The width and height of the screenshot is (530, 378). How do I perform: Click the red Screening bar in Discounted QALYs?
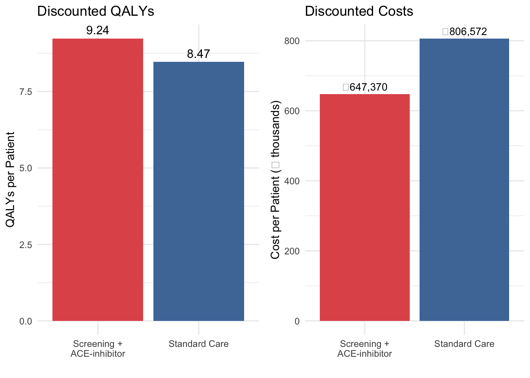point(98,180)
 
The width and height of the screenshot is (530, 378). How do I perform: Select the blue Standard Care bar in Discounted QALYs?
point(199,191)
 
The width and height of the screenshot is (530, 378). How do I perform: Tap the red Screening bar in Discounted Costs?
point(365,208)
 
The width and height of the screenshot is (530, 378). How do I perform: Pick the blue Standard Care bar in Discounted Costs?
point(464,180)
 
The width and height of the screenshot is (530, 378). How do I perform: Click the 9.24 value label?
point(97,30)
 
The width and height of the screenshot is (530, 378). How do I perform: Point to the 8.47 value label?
point(198,54)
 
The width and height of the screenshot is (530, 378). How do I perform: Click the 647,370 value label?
point(366,87)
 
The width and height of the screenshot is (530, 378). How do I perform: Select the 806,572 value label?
point(465,31)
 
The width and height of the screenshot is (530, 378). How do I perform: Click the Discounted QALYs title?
point(95,11)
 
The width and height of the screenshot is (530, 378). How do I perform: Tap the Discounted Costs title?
point(359,11)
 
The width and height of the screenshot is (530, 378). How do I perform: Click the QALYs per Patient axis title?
point(11,180)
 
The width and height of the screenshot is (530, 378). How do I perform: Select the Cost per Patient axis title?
point(275,180)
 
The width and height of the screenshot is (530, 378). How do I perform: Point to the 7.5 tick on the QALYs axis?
point(26,92)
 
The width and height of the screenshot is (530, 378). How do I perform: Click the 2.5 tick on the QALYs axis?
point(26,245)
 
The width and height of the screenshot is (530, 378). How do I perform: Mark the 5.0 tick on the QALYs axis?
point(26,168)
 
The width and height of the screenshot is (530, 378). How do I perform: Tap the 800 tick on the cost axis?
point(292,41)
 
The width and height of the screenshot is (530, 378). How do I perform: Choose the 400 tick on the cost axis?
point(292,181)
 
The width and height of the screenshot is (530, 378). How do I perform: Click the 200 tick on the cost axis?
point(292,251)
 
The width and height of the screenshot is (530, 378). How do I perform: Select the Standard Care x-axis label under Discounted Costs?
point(464,344)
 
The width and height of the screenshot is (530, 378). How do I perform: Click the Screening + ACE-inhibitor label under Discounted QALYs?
point(98,349)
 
